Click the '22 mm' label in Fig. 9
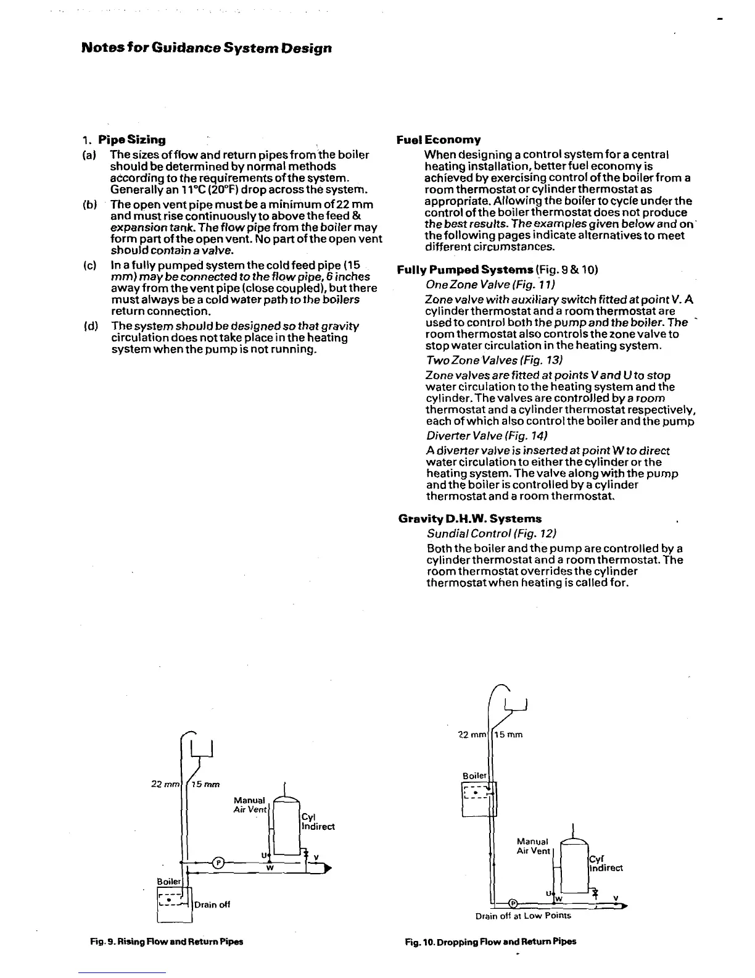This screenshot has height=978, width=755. click(x=165, y=784)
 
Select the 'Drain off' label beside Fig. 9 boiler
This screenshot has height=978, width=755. click(x=212, y=905)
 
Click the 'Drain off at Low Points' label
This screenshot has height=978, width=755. click(x=523, y=916)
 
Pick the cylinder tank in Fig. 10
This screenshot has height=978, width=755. click(x=575, y=864)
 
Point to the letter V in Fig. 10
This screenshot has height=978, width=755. click(x=616, y=898)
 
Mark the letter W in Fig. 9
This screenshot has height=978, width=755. click(x=270, y=868)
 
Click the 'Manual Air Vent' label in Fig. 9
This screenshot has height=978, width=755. click(x=250, y=805)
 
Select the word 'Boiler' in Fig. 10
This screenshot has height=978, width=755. click(x=474, y=775)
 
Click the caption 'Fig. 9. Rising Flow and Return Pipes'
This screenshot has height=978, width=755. click(x=167, y=942)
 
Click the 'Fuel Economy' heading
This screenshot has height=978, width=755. click(x=439, y=140)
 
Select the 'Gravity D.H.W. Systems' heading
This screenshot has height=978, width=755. click(x=470, y=519)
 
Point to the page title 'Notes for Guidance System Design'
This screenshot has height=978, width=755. click(x=207, y=48)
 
